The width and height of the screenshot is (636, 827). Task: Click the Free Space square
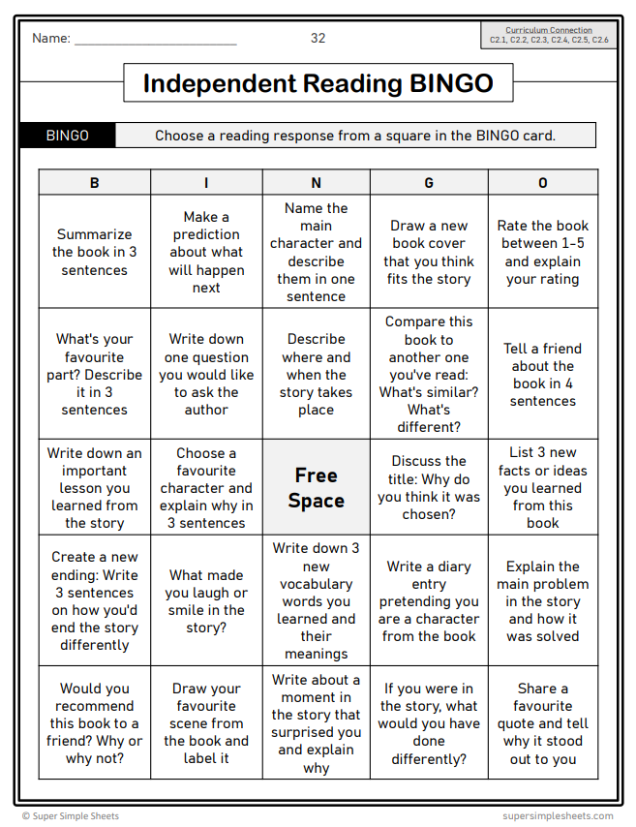point(316,488)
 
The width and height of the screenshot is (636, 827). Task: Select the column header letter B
point(94,182)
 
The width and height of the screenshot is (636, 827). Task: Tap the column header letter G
point(429,182)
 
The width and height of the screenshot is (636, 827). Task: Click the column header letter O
point(542,182)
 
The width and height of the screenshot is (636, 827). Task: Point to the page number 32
point(318,39)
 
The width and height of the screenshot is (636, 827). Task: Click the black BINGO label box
point(67,136)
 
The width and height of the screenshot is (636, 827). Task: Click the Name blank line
point(155,41)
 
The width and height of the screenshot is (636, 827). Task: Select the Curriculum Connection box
point(549,36)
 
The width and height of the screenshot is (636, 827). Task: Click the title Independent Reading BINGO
point(318,83)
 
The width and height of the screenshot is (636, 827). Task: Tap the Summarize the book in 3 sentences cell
point(94,252)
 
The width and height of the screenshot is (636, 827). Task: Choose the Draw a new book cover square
point(429,252)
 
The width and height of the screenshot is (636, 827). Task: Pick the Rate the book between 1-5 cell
point(542,252)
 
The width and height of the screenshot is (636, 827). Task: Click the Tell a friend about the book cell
point(542,374)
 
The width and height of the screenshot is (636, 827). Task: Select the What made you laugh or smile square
point(206,600)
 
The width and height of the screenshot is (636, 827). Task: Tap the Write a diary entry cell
point(429,600)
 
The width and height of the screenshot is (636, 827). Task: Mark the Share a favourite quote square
point(542,723)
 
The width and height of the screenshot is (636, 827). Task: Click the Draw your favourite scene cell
point(206,723)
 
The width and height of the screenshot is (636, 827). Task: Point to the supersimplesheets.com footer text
point(558,815)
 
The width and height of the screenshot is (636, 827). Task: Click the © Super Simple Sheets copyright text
point(71,815)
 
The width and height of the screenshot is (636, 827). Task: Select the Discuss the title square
point(429,488)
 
